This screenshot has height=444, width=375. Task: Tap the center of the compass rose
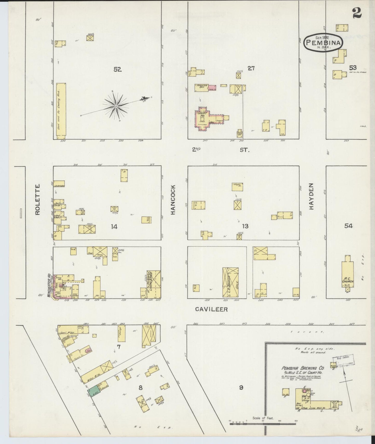coord(116,106)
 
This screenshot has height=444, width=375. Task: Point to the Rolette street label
coord(38,199)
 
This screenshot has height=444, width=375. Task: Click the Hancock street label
coord(173,199)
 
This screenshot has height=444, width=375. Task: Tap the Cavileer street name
coord(211,309)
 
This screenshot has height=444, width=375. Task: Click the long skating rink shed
coord(61,111)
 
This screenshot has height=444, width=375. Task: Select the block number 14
coord(114,226)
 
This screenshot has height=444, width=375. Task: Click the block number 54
coord(348,226)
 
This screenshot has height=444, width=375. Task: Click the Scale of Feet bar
coord(263,423)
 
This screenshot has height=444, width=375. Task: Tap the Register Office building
coord(202,88)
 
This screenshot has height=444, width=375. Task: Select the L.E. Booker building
coord(230,282)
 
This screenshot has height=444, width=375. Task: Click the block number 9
coord(241,387)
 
